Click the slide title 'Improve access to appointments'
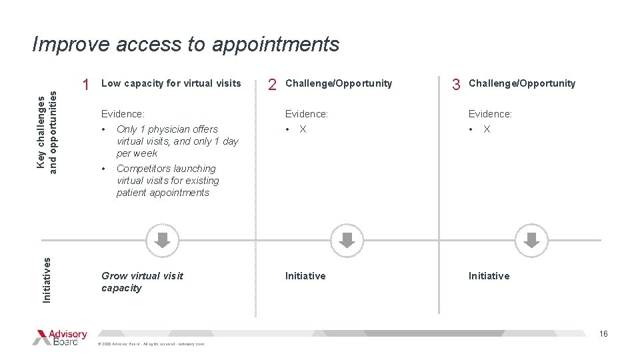tap(186, 44)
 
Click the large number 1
tap(85, 85)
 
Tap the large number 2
tap(272, 85)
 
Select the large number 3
tap(456, 85)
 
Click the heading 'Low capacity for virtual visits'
tap(171, 83)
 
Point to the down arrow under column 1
tap(163, 239)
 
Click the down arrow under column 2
tap(347, 239)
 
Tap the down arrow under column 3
tap(531, 239)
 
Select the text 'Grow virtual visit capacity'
tap(142, 282)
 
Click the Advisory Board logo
tap(60, 337)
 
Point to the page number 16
tap(603, 334)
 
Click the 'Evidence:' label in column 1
tap(123, 114)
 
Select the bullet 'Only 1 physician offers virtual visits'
tap(177, 141)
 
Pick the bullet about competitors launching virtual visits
tap(167, 181)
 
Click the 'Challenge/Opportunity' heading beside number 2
tap(339, 83)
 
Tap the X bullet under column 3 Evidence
tap(487, 129)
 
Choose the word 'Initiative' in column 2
tap(305, 276)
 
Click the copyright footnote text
tap(151, 344)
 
